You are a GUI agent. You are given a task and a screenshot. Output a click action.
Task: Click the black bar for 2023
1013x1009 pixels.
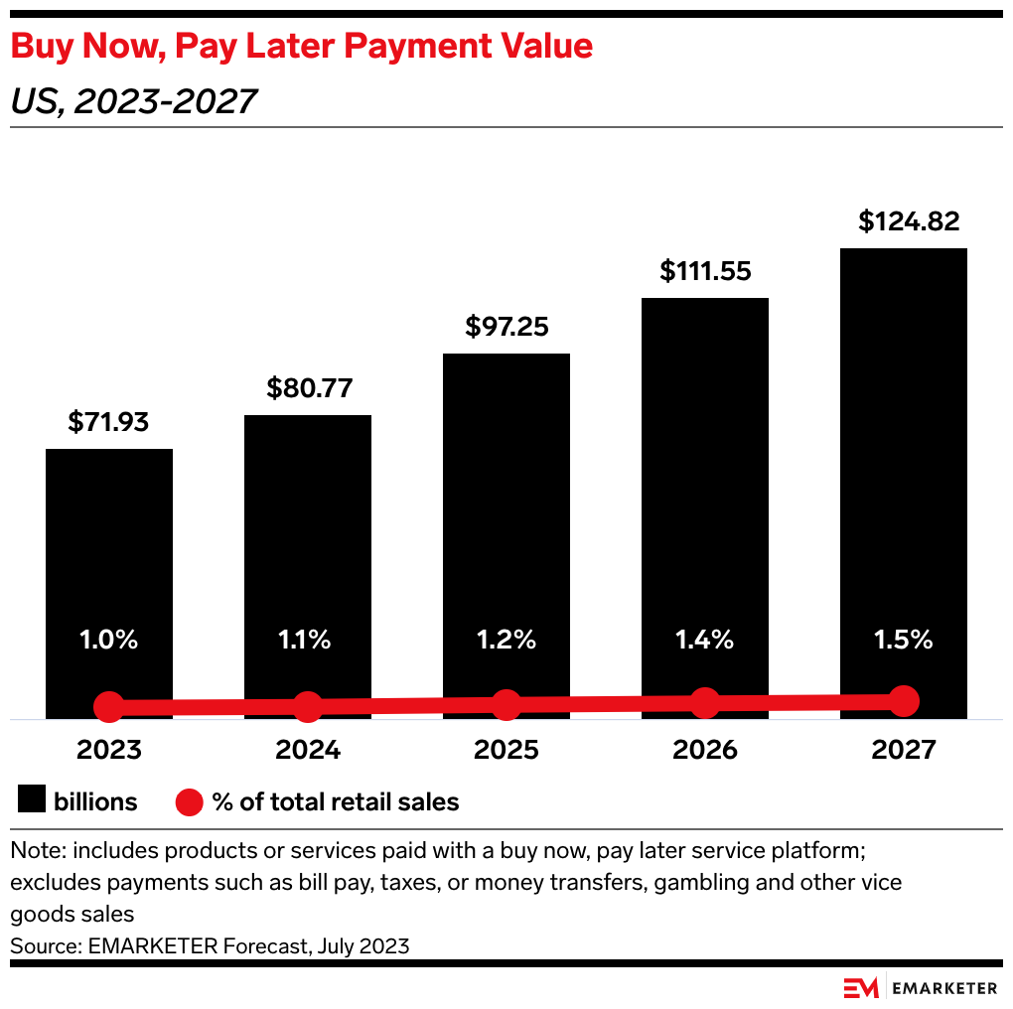[x=109, y=556]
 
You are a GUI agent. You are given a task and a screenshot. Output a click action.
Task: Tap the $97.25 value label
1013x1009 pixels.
[x=506, y=327]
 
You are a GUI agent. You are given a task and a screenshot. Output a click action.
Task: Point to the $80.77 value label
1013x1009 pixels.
[x=309, y=387]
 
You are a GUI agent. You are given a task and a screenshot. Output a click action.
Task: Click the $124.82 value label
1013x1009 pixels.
[x=910, y=221]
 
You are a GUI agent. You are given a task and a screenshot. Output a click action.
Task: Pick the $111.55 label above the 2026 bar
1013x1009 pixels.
[x=706, y=270]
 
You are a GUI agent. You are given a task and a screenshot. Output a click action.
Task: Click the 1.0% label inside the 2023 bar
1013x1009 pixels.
[x=109, y=641]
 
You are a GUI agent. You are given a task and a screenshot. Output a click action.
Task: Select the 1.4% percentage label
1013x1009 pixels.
[x=704, y=641]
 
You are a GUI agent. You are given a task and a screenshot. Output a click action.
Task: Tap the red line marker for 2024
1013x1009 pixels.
[x=308, y=707]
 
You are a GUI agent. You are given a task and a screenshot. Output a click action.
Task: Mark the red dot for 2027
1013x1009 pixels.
[x=903, y=700]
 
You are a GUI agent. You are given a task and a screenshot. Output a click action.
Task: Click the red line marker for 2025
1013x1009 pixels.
[x=506, y=705]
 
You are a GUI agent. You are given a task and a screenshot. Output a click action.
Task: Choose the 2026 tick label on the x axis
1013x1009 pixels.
[x=705, y=749]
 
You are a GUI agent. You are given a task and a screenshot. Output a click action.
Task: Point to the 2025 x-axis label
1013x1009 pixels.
[x=506, y=749]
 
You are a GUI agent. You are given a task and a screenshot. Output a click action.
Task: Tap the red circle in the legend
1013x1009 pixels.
[x=189, y=801]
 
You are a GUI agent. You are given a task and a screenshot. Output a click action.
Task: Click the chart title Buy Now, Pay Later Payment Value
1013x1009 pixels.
[x=302, y=46]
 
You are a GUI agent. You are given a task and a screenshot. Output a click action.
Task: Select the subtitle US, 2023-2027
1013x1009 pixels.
[x=134, y=100]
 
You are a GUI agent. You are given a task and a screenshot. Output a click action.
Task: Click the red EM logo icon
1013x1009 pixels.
[x=861, y=987]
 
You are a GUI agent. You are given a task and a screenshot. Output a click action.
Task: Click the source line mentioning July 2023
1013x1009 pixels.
[x=210, y=945]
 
